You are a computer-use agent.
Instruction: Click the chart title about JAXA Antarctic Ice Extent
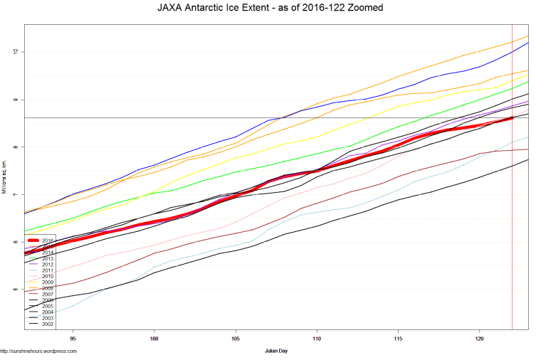270,9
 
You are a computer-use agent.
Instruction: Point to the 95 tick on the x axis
73,339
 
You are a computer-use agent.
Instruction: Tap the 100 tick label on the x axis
154,339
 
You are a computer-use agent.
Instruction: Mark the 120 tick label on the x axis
479,339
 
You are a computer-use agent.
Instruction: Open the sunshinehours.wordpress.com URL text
38,351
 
